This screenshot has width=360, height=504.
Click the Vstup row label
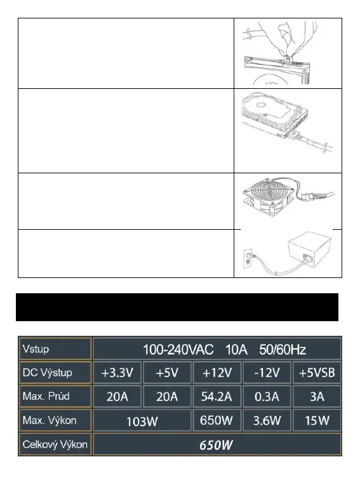(36, 348)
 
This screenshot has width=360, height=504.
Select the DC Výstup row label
(47, 373)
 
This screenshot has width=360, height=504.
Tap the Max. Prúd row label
(46, 396)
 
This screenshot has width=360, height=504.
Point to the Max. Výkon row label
(50, 420)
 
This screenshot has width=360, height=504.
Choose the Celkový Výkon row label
(55, 444)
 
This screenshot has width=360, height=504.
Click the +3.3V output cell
(117, 373)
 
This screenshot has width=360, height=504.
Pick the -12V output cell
(267, 373)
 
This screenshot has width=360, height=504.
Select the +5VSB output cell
(317, 373)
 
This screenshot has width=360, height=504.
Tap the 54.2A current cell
(217, 396)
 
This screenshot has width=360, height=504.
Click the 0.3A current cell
(267, 396)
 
